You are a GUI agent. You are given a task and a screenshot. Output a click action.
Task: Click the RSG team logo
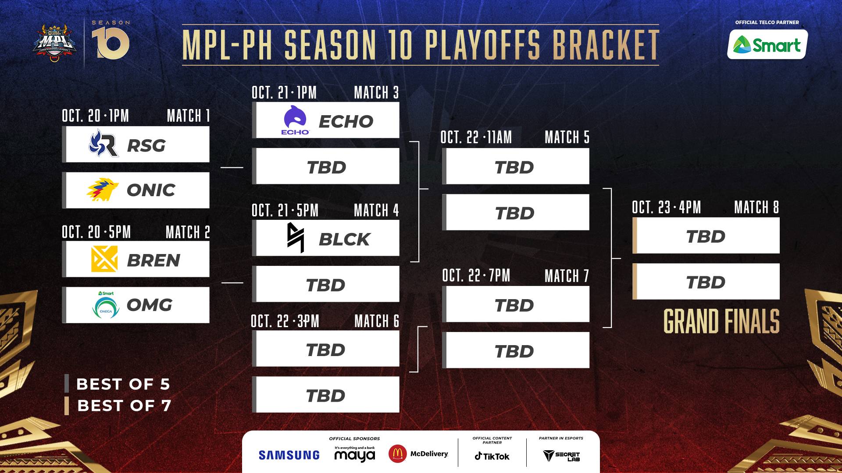(x=103, y=143)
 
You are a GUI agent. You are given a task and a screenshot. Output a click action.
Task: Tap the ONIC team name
(x=151, y=190)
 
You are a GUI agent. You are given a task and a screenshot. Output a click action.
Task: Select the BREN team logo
(x=104, y=259)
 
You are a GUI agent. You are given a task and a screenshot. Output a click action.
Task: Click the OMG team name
(x=150, y=305)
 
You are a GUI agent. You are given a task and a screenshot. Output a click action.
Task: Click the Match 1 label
(x=188, y=116)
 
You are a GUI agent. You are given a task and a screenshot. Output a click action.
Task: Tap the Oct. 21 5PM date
(x=285, y=210)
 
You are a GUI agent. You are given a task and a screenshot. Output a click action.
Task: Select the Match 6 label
(x=377, y=321)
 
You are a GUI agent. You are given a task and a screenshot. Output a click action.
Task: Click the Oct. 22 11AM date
(x=476, y=137)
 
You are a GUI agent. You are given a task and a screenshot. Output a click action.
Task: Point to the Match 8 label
(x=756, y=207)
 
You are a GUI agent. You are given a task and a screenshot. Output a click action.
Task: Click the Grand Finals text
(x=721, y=321)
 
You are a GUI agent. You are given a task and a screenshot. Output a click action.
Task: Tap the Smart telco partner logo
(x=767, y=44)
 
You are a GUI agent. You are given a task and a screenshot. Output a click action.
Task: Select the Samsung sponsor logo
(x=289, y=455)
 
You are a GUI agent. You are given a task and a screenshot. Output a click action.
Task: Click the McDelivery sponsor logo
(x=418, y=454)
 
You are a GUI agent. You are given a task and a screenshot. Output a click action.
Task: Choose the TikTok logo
(x=492, y=456)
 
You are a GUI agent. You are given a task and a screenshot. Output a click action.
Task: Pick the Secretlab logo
(x=561, y=456)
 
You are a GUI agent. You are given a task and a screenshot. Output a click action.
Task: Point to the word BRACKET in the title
(x=606, y=45)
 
